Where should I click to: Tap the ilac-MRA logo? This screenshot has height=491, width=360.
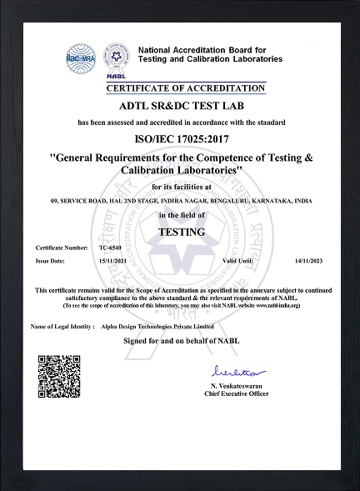coord(82,60)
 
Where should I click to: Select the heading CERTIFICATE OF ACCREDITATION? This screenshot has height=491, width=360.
coord(186,88)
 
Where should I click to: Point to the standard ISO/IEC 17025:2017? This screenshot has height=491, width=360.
coord(180,140)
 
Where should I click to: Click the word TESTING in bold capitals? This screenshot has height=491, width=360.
coord(180,231)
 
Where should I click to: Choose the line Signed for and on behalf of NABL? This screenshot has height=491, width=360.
coord(180,342)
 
